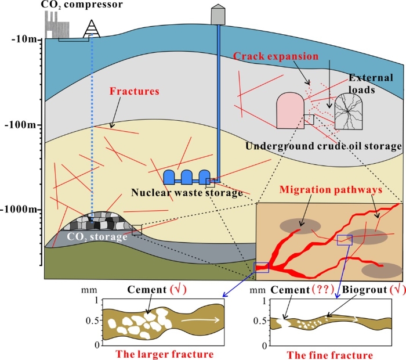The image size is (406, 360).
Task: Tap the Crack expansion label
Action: [x=276, y=56]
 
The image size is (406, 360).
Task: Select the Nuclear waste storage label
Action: [x=187, y=193]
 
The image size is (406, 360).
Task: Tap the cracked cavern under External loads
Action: [x=350, y=112]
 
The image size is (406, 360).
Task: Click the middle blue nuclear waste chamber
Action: [x=187, y=177]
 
